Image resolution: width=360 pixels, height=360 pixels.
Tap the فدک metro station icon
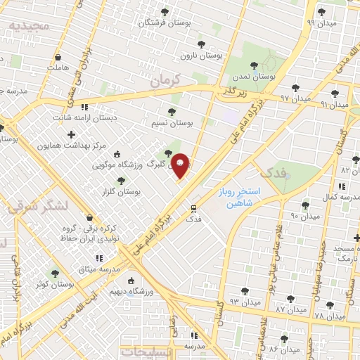coord(194,209)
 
